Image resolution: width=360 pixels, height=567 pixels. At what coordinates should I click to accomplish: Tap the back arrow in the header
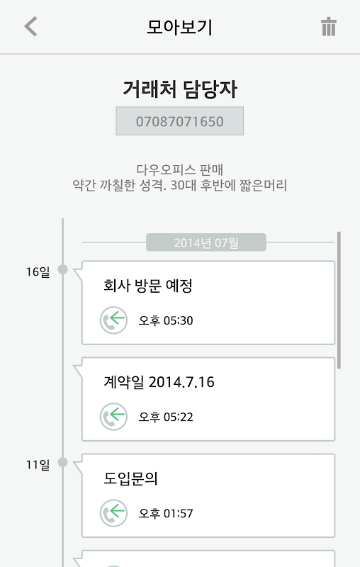click(x=30, y=26)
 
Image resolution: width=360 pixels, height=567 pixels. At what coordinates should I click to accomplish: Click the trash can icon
click(x=329, y=27)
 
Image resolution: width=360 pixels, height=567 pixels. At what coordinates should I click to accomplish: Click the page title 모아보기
click(x=179, y=27)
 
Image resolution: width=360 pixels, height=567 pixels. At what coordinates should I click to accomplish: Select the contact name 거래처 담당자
click(x=179, y=89)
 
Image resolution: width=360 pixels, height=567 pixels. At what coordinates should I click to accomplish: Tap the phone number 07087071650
click(x=179, y=121)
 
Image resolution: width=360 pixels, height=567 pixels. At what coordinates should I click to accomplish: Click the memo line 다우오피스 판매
click(x=179, y=169)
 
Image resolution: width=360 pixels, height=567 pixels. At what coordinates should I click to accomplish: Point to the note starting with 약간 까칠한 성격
click(x=179, y=185)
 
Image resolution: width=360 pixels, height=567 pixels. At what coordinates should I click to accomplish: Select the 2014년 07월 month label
click(x=206, y=242)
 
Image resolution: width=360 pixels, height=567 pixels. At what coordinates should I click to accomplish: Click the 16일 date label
click(x=38, y=271)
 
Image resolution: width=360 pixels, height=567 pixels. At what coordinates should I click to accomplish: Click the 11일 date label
click(x=38, y=464)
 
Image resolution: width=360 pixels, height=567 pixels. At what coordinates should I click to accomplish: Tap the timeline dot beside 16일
click(x=63, y=269)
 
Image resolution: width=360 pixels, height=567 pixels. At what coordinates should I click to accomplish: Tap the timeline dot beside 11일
click(x=63, y=463)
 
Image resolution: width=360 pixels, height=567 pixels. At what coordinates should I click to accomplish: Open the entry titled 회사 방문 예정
click(x=148, y=286)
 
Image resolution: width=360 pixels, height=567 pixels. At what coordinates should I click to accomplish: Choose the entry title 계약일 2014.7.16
click(x=159, y=382)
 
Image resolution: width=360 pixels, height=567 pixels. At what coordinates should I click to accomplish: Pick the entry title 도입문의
click(x=130, y=478)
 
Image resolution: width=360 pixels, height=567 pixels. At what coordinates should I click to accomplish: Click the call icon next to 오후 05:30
click(x=113, y=320)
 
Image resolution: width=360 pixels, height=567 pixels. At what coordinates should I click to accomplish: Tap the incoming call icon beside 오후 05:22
click(x=113, y=417)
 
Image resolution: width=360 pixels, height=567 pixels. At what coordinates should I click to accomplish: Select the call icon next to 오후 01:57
click(x=113, y=513)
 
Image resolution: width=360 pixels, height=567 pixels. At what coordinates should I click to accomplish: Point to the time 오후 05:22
click(x=166, y=417)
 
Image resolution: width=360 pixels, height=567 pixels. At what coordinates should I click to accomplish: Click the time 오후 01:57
click(x=166, y=513)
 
